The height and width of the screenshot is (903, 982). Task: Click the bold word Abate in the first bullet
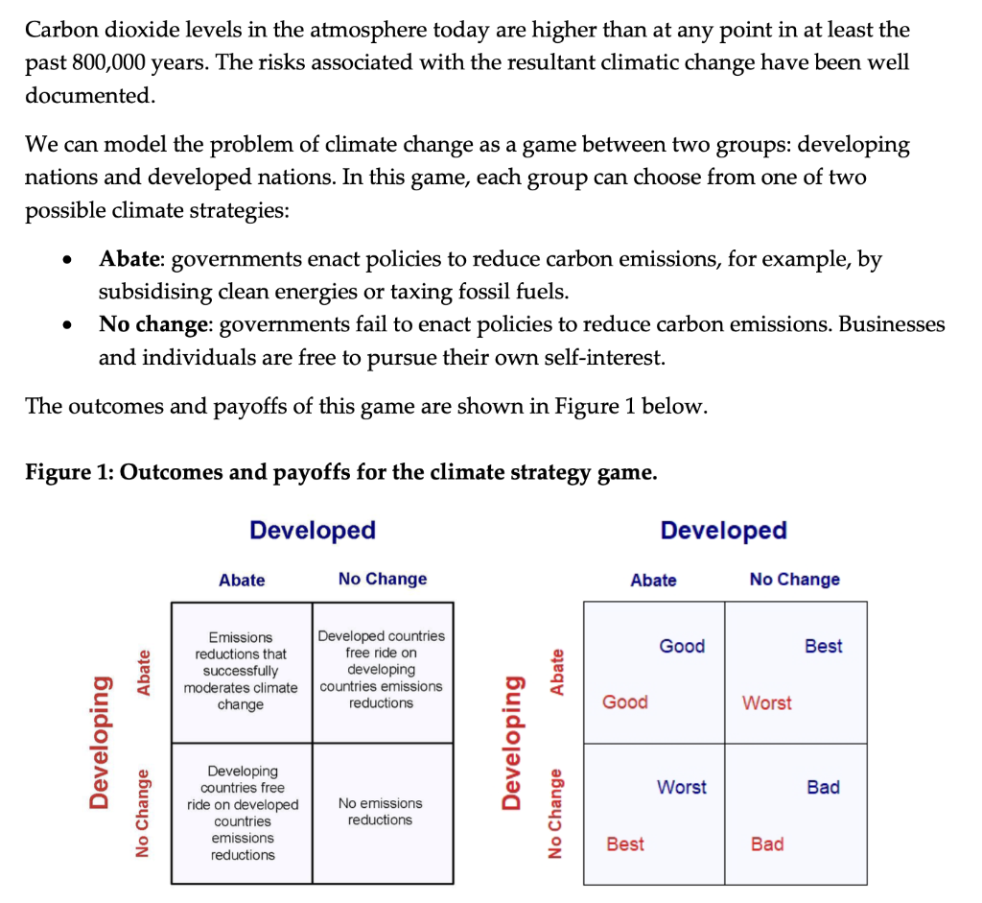point(130,259)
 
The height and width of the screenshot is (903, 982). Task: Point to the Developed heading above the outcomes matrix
point(312,530)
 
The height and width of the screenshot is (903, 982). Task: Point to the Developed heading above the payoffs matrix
point(723,530)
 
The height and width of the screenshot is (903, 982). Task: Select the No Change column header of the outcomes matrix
point(383,579)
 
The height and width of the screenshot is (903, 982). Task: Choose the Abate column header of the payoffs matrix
point(653,580)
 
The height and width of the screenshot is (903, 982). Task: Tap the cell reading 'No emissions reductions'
point(380,812)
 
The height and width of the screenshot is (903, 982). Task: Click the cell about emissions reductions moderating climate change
point(241,671)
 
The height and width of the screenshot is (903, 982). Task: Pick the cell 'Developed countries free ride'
point(381,669)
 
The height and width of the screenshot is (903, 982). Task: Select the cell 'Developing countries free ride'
point(243,812)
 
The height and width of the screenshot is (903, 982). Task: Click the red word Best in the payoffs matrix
point(625,844)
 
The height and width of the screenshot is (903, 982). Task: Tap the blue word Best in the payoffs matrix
point(824,646)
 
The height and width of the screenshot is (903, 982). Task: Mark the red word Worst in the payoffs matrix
point(767,702)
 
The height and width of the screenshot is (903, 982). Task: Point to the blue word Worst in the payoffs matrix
point(682,787)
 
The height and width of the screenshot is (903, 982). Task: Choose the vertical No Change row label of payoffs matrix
point(554,812)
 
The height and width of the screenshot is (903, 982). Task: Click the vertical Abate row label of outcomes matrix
point(144,672)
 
